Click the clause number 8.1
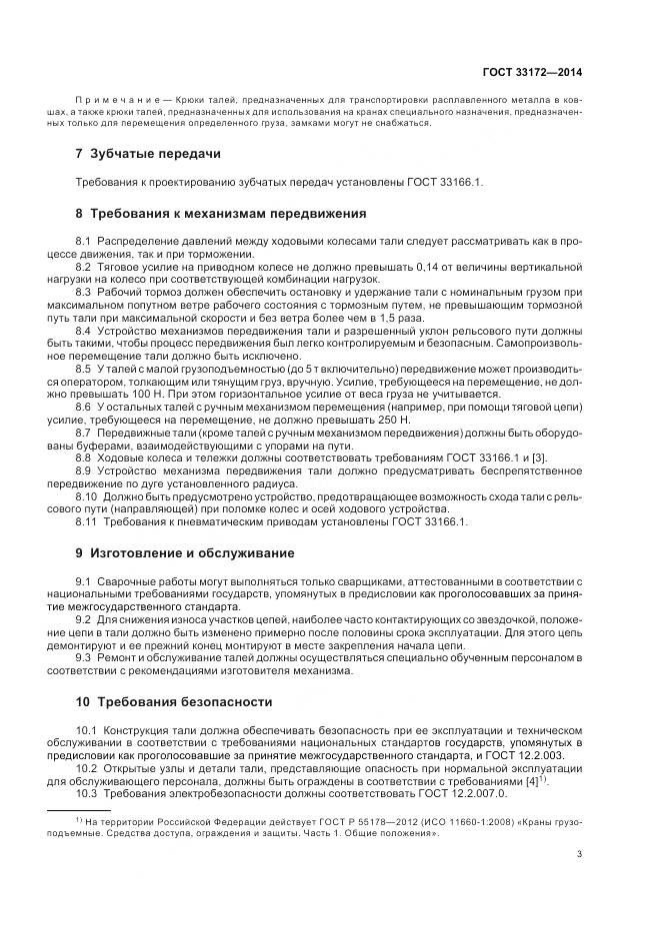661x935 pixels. pyautogui.click(x=83, y=243)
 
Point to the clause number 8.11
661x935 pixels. pyautogui.click(x=86, y=521)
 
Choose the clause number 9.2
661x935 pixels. pyautogui.click(x=83, y=618)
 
